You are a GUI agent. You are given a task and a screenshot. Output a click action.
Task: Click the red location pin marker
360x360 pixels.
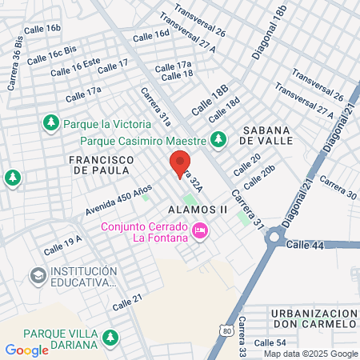coord(180,164)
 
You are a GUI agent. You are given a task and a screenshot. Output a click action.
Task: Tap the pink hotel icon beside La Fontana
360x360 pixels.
coord(199,230)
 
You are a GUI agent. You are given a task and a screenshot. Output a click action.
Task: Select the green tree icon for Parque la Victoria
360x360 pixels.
coord(50,122)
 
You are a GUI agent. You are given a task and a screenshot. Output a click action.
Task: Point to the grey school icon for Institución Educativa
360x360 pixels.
coord(37,275)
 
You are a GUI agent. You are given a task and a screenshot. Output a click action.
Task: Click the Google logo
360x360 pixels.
coord(27,350)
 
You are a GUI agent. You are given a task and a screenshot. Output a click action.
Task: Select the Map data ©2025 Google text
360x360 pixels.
coord(311,353)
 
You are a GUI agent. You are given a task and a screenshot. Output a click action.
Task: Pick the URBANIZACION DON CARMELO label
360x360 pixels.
coord(312,318)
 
